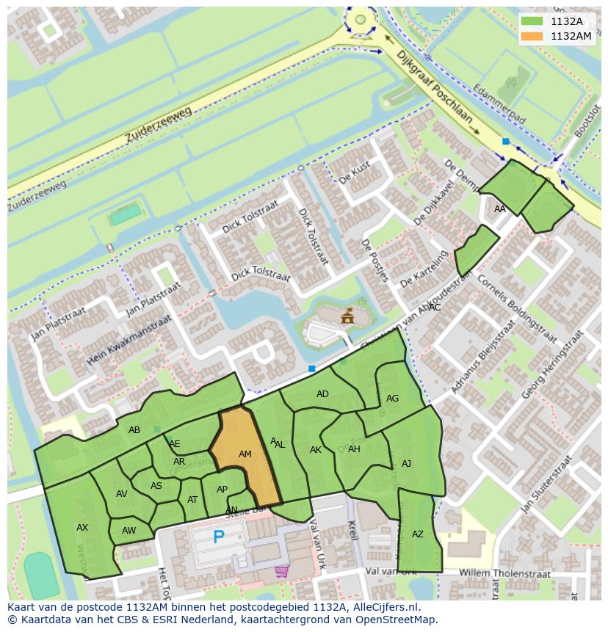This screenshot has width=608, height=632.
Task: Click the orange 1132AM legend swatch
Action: tap(533, 35)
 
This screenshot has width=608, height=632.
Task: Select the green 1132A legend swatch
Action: tap(533, 21)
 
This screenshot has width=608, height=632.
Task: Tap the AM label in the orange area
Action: tap(245, 454)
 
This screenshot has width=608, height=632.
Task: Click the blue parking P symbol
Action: tap(218, 537)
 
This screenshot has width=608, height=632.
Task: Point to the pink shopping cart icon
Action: tap(281, 570)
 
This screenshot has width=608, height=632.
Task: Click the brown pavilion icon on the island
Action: tap(347, 316)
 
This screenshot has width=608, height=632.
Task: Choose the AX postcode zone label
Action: tap(82, 527)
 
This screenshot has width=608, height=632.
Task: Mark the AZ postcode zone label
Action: tap(418, 534)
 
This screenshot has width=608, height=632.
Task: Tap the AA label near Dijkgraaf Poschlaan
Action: tap(500, 209)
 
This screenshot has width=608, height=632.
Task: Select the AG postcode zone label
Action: tap(392, 399)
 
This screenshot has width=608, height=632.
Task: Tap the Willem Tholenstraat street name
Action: tap(504, 572)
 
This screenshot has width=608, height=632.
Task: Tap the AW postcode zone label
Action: tap(129, 531)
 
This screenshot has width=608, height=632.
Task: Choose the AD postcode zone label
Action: tap(322, 394)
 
